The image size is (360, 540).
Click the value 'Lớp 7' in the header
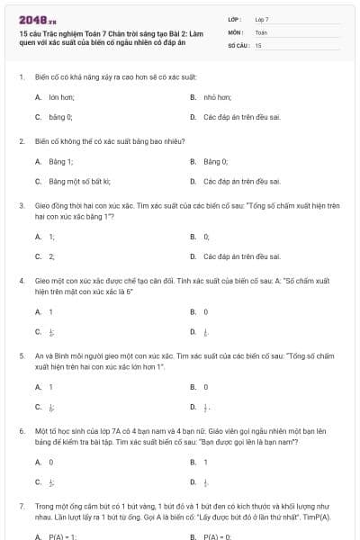pyautogui.click(x=262, y=19)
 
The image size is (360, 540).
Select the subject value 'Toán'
pyautogui.click(x=261, y=31)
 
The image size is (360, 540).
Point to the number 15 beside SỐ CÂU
pyautogui.click(x=258, y=44)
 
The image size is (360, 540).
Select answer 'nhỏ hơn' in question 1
pyautogui.click(x=215, y=95)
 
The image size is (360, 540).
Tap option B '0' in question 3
pyautogui.click(x=206, y=236)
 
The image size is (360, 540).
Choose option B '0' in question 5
pyautogui.click(x=206, y=387)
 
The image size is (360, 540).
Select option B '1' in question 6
pyautogui.click(x=206, y=462)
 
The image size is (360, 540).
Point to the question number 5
pyautogui.click(x=21, y=355)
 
